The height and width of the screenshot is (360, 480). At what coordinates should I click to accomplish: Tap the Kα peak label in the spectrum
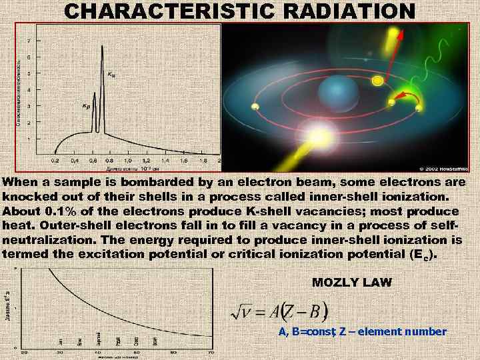(x=111, y=75)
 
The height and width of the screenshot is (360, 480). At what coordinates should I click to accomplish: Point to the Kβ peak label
(x=86, y=106)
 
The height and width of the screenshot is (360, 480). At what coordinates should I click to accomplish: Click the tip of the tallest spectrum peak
(x=102, y=46)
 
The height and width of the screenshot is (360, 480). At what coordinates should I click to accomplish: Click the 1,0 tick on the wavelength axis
(x=128, y=161)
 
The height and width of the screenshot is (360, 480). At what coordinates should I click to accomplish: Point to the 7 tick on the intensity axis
(x=28, y=41)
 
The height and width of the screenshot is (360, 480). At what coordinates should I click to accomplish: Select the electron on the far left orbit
(x=254, y=107)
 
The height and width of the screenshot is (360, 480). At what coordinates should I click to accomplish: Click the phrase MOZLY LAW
(x=352, y=282)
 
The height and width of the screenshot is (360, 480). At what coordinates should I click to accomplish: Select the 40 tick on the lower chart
(x=98, y=351)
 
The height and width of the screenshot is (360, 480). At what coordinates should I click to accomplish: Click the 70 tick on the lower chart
(x=211, y=351)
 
